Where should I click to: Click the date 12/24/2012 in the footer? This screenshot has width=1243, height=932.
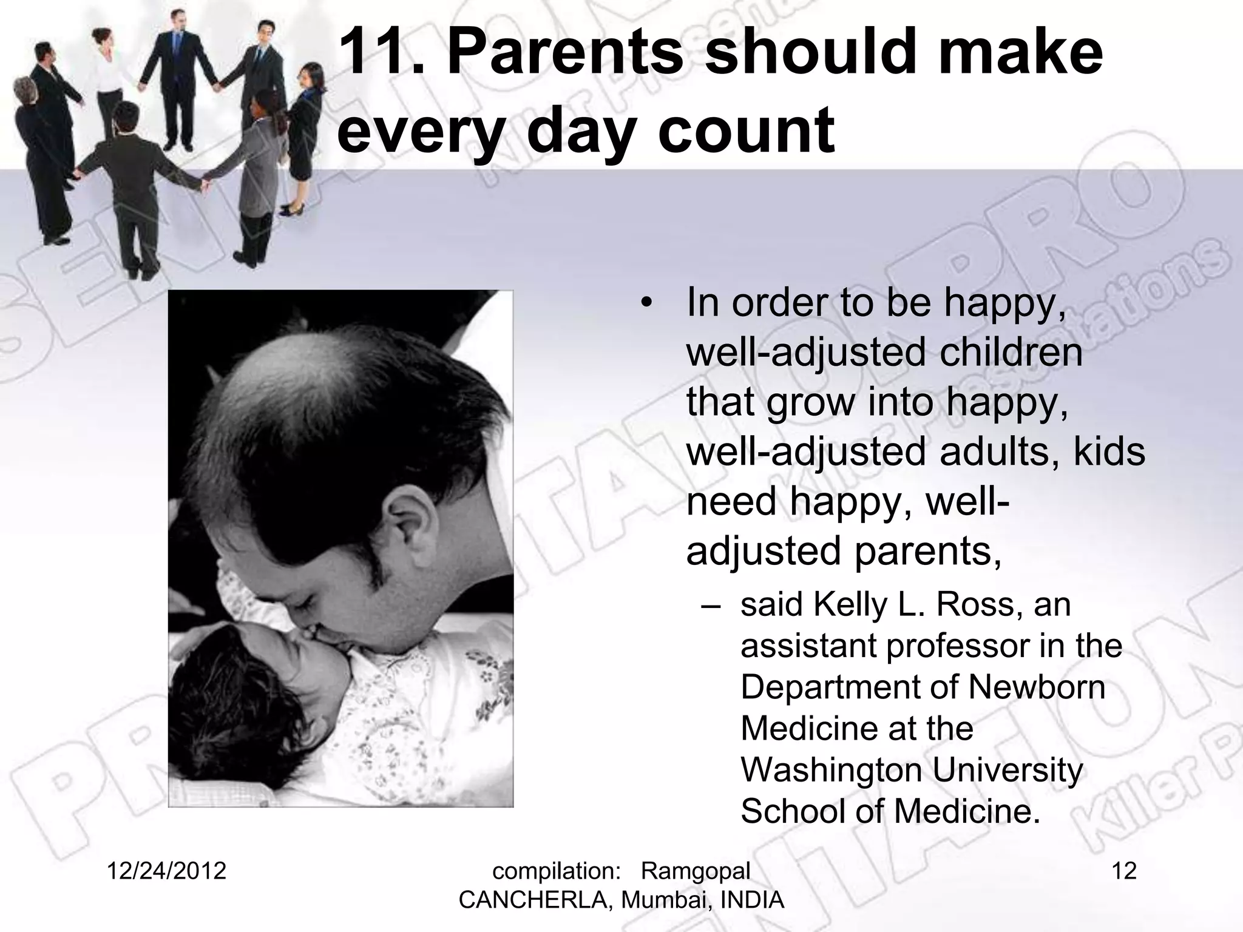pyautogui.click(x=166, y=871)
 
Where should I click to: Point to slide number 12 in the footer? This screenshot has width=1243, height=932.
pyautogui.click(x=1124, y=871)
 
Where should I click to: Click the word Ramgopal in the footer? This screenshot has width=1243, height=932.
pyautogui.click(x=696, y=871)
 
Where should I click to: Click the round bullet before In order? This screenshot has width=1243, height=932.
pyautogui.click(x=648, y=302)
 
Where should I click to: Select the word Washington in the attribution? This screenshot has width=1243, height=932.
pyautogui.click(x=830, y=771)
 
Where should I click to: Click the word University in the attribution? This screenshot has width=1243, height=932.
pyautogui.click(x=1008, y=771)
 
